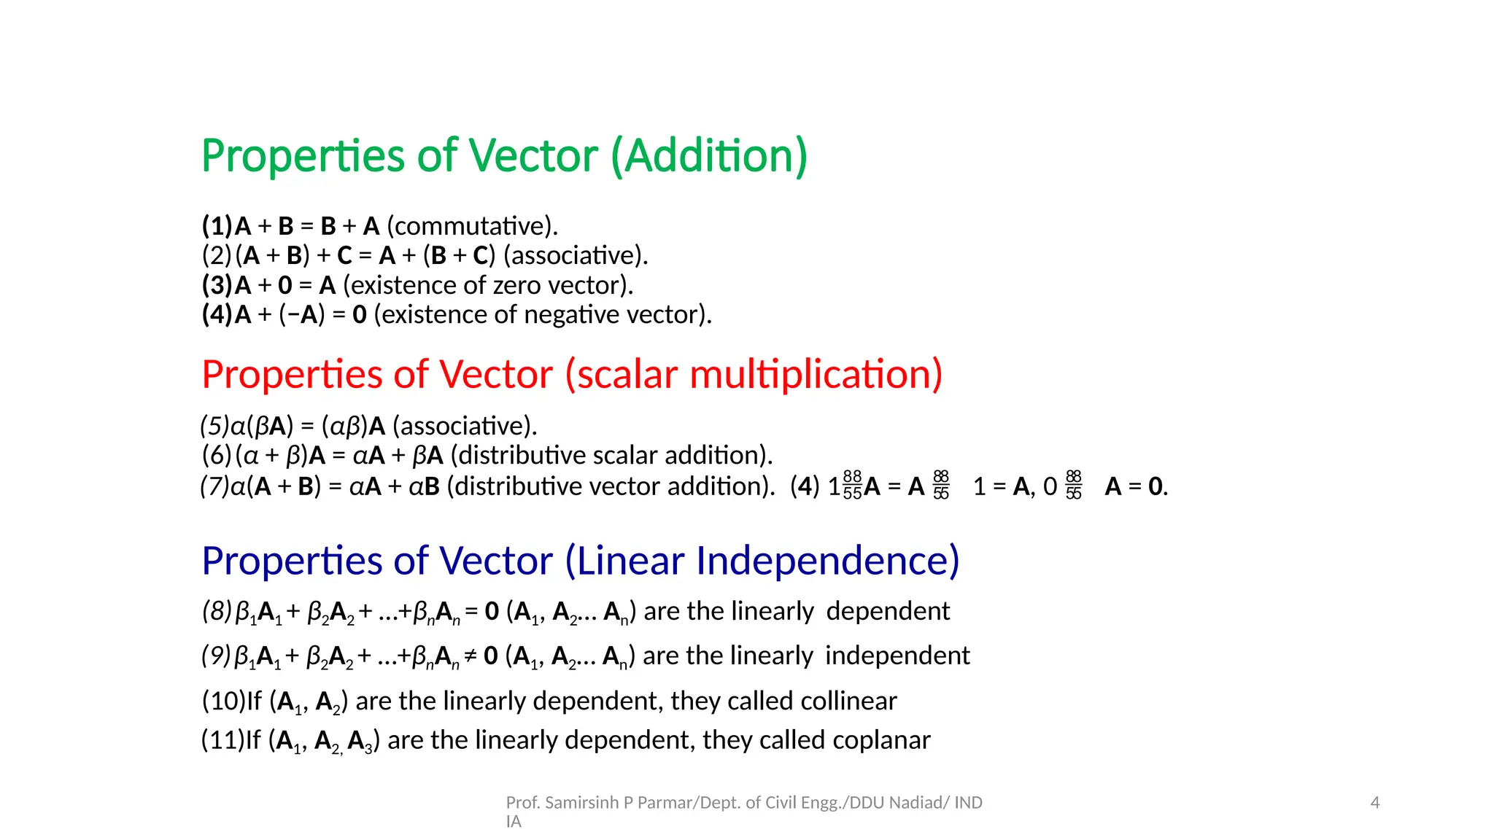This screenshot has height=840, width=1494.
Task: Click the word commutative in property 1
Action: [471, 227]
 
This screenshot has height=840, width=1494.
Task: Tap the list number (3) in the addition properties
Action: [217, 285]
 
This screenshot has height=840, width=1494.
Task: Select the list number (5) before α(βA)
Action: [214, 426]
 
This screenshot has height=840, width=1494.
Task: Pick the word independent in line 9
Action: [897, 656]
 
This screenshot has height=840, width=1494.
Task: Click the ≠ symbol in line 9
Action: [471, 656]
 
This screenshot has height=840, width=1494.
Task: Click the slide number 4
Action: [1375, 803]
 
